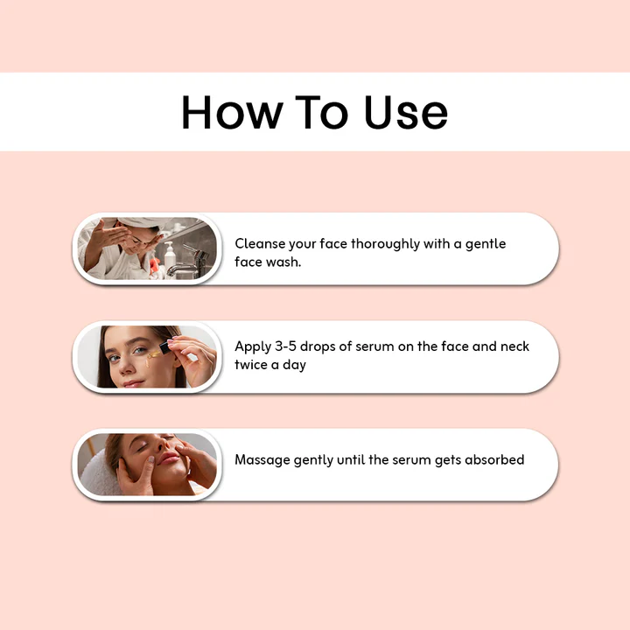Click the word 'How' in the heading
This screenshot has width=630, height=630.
pos(232,113)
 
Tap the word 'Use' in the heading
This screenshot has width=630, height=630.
pos(406,113)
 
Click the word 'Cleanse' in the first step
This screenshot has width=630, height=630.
pos(261,244)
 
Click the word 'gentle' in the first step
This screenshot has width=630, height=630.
pos(486,244)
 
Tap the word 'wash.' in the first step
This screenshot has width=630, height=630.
pos(283,262)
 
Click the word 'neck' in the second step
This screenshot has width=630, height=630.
pos(514,346)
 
